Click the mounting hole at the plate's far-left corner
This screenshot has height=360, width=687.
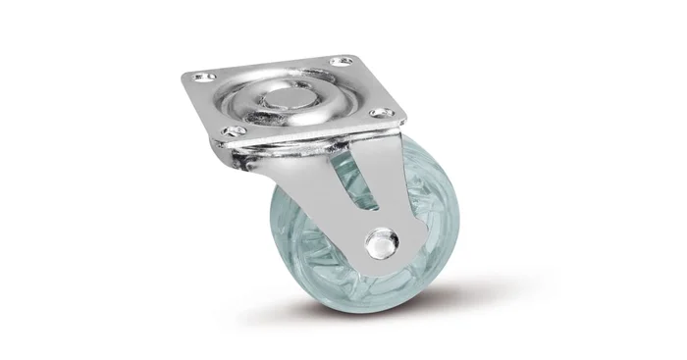[x=203, y=76]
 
